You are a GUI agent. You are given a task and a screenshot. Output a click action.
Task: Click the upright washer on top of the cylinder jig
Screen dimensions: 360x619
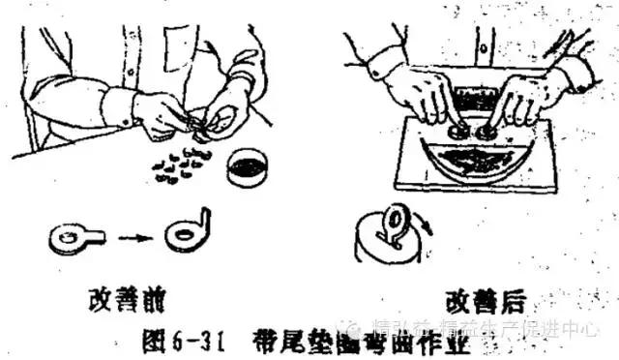[x=395, y=219]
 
